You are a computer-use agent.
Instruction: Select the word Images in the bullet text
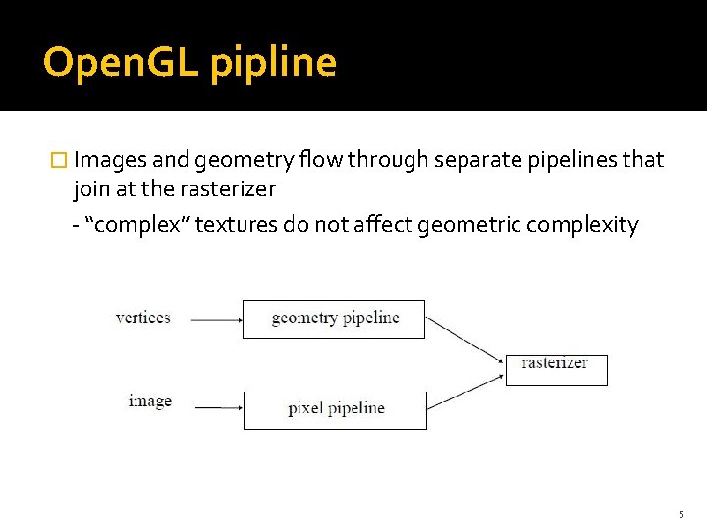[110, 160]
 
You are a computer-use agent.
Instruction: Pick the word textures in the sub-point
[236, 225]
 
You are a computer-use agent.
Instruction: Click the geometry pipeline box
[334, 319]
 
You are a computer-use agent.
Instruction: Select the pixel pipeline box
[335, 408]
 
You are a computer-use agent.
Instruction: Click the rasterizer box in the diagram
[556, 368]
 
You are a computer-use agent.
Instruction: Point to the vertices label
[143, 317]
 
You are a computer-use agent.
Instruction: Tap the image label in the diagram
[149, 400]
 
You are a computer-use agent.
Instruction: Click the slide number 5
[680, 514]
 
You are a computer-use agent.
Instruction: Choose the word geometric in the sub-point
[469, 226]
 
